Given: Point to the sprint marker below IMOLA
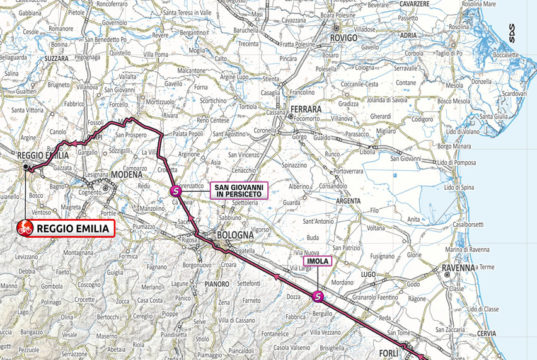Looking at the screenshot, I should [x=318, y=296].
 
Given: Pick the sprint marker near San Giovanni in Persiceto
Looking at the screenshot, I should [x=176, y=190].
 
